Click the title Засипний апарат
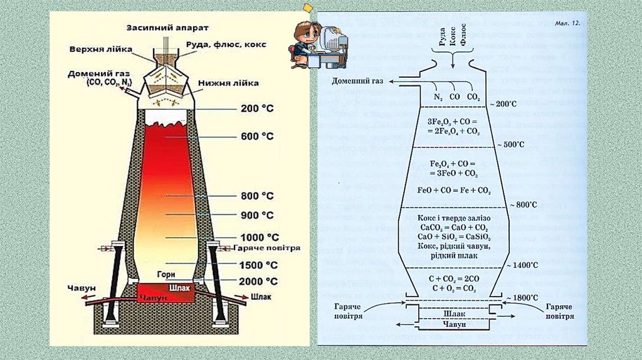pos(167,28)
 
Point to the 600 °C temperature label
pos(258,136)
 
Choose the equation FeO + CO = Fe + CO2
pos(453,189)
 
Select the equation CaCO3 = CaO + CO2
pos(453,227)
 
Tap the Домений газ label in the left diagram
pos(95,75)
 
